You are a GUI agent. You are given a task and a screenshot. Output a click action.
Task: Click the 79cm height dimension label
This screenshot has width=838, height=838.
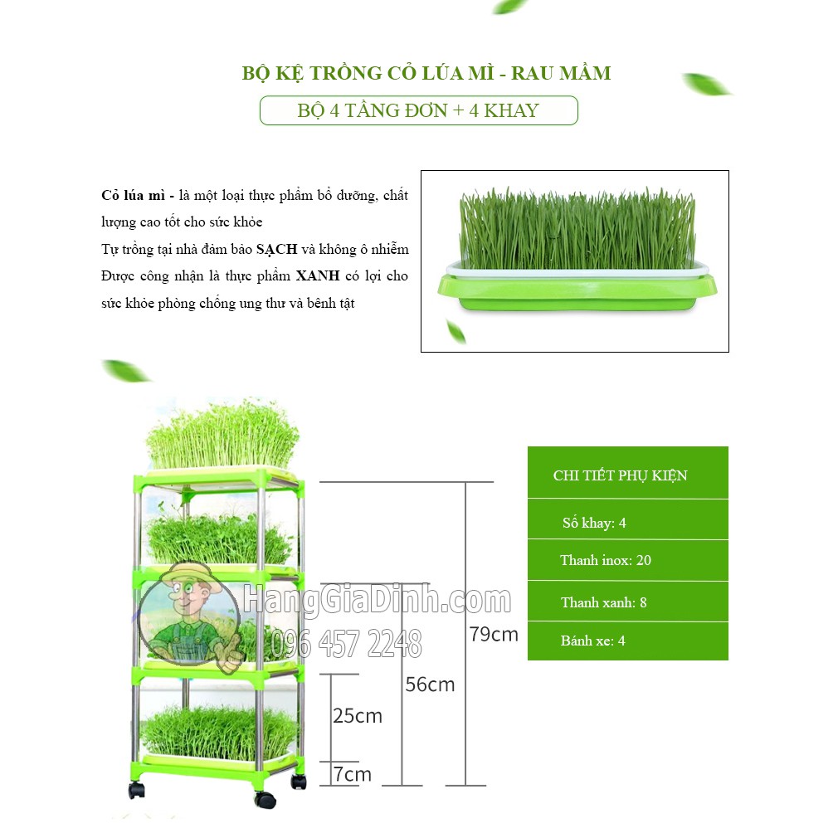point(494,635)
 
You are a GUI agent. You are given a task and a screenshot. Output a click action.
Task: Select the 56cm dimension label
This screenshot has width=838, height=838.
point(430,685)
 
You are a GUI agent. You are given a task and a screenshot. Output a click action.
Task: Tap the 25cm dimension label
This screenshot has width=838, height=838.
point(358,715)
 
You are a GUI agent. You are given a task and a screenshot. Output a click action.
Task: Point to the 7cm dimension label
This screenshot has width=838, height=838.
point(352,774)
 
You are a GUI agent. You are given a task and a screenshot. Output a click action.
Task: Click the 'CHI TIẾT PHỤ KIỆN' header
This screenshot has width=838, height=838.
point(621,475)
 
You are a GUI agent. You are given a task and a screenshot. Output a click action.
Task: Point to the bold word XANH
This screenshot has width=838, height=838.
point(318,276)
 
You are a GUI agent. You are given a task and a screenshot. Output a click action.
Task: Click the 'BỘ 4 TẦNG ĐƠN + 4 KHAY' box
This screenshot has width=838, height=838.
point(418,110)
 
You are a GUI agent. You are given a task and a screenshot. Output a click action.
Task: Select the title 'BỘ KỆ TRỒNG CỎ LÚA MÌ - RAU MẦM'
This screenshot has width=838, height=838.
point(426,73)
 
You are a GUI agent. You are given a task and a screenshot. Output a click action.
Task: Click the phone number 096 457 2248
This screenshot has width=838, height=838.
point(348,644)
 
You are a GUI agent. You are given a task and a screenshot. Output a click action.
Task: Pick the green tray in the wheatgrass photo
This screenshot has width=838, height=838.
point(577,292)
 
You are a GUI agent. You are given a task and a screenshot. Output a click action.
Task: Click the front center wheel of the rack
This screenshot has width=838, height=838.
point(265,801)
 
